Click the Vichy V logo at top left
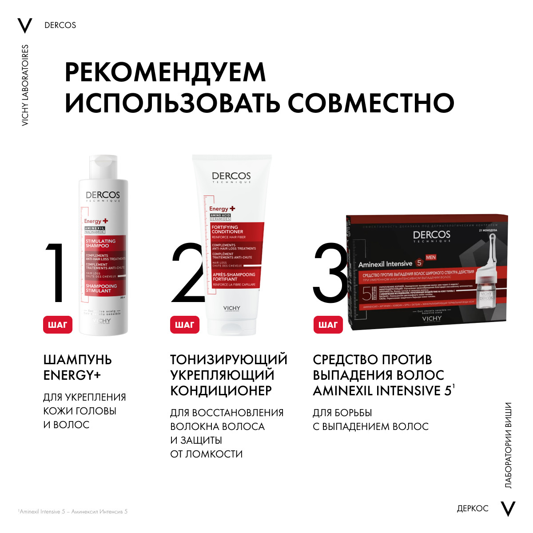click(25, 26)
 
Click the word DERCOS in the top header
click(60, 25)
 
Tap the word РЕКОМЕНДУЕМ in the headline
click(165, 72)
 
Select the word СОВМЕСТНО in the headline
click(371, 103)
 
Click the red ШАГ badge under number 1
click(57, 325)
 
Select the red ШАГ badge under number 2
click(184, 325)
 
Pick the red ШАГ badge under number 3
click(328, 325)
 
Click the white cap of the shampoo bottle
click(103, 167)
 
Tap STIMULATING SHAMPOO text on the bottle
click(101, 243)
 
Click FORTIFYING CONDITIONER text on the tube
click(227, 229)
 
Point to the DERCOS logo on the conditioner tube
click(231, 176)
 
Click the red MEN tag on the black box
click(430, 257)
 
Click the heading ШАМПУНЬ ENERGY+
click(77, 367)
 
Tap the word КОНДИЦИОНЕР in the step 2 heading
click(221, 391)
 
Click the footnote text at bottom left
click(73, 512)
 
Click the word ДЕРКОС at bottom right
click(473, 509)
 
